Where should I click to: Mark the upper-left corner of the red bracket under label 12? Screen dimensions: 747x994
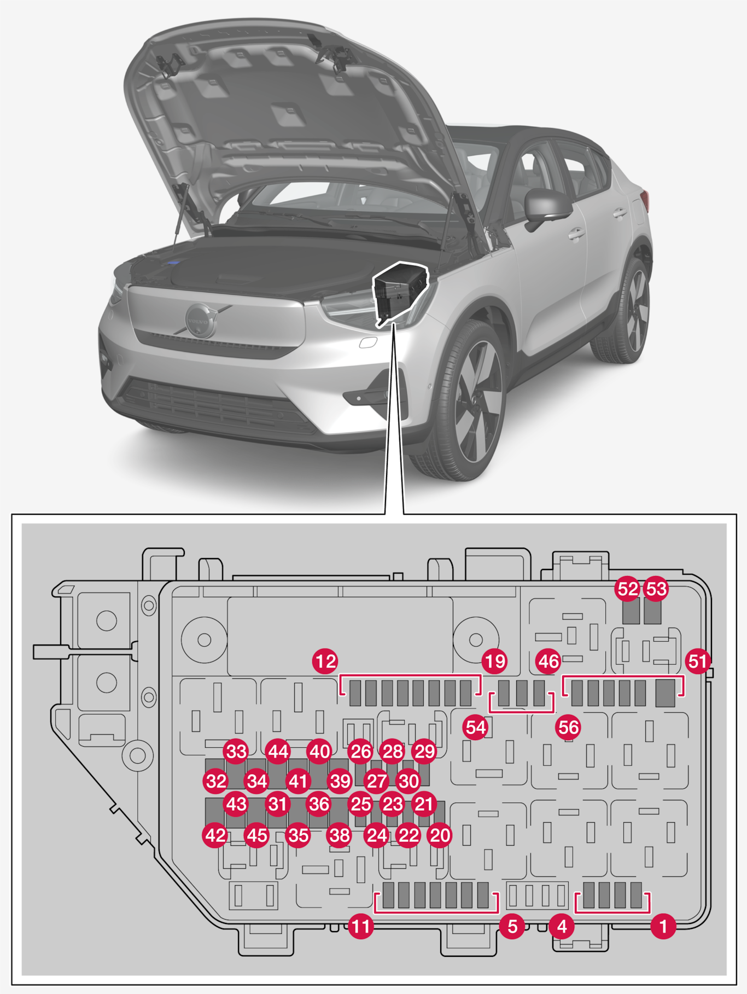pyautogui.click(x=341, y=676)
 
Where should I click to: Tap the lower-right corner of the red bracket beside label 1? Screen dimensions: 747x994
pyautogui.click(x=649, y=912)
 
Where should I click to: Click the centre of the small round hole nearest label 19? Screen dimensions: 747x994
pyautogui.click(x=476, y=640)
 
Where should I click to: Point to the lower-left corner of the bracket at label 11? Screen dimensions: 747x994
pyautogui.click(x=376, y=912)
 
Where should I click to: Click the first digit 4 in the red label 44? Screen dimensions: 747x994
pyautogui.click(x=272, y=752)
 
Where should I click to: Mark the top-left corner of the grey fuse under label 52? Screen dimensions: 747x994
pyautogui.click(x=623, y=599)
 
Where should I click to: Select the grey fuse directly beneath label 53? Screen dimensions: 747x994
pyautogui.click(x=653, y=612)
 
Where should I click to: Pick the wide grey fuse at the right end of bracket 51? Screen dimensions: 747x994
pyautogui.click(x=665, y=693)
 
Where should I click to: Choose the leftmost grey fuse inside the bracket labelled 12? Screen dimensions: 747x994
pyautogui.click(x=355, y=693)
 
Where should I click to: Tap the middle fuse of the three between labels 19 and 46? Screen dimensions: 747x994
pyautogui.click(x=522, y=693)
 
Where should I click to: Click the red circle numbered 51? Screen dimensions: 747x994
pyautogui.click(x=698, y=662)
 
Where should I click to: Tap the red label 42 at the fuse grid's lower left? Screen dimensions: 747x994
pyautogui.click(x=215, y=835)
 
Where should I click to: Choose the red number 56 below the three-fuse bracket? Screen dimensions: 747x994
pyautogui.click(x=568, y=728)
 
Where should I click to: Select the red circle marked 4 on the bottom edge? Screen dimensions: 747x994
pyautogui.click(x=562, y=927)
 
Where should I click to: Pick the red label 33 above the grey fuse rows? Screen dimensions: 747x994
pyautogui.click(x=236, y=752)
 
